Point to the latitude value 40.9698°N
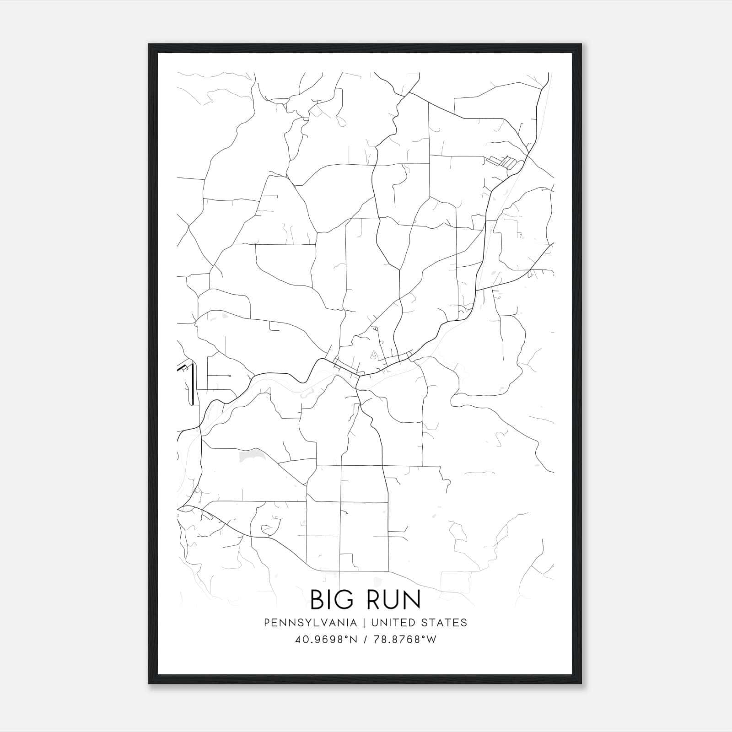coord(325,640)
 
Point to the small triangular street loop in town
coord(374,354)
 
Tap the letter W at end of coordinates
coord(431,640)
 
